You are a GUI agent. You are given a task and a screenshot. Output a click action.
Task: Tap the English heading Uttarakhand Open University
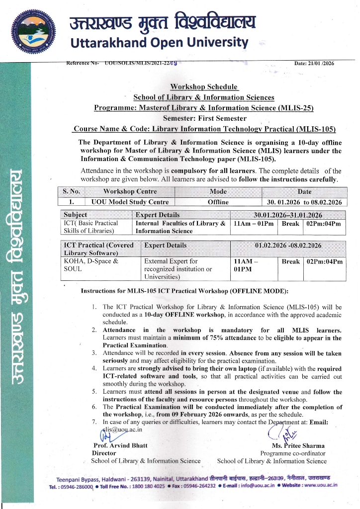click(x=159, y=42)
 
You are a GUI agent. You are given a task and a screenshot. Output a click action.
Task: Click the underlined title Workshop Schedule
click(x=204, y=87)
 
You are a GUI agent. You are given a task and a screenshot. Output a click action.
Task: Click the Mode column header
click(x=218, y=191)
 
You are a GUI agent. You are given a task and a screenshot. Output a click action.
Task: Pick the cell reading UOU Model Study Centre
click(x=130, y=202)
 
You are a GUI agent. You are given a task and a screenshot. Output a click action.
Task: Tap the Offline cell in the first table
click(x=218, y=202)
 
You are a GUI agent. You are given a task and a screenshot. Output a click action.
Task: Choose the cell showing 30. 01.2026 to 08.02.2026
click(x=304, y=202)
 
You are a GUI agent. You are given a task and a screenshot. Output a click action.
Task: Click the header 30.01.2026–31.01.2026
click(x=288, y=215)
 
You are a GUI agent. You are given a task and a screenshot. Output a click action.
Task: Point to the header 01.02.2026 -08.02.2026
click(x=288, y=245)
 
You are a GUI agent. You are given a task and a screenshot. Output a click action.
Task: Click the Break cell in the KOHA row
click(x=290, y=261)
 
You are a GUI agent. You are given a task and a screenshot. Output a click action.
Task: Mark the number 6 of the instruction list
click(x=94, y=407)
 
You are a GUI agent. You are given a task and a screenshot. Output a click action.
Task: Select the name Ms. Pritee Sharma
click(x=298, y=445)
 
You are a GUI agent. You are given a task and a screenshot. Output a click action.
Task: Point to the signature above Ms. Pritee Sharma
click(x=279, y=432)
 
